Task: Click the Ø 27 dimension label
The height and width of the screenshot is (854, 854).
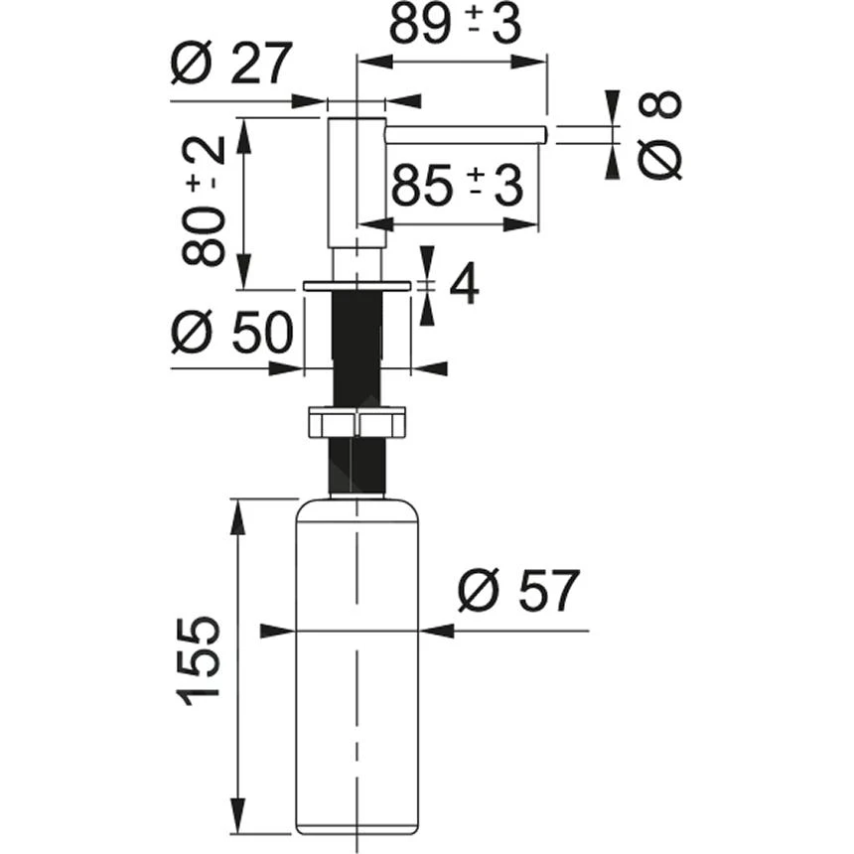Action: point(230,66)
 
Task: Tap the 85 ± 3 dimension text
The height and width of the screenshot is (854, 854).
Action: point(457,185)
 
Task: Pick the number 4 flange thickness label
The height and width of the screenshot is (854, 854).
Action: point(464,285)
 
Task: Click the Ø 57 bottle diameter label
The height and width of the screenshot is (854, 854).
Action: point(517,593)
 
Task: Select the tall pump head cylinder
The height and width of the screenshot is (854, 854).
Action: point(356,184)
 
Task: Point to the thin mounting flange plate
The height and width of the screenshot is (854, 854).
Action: point(356,286)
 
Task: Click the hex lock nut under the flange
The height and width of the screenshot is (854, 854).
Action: point(356,423)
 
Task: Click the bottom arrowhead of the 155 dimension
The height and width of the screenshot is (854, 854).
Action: point(238,820)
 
